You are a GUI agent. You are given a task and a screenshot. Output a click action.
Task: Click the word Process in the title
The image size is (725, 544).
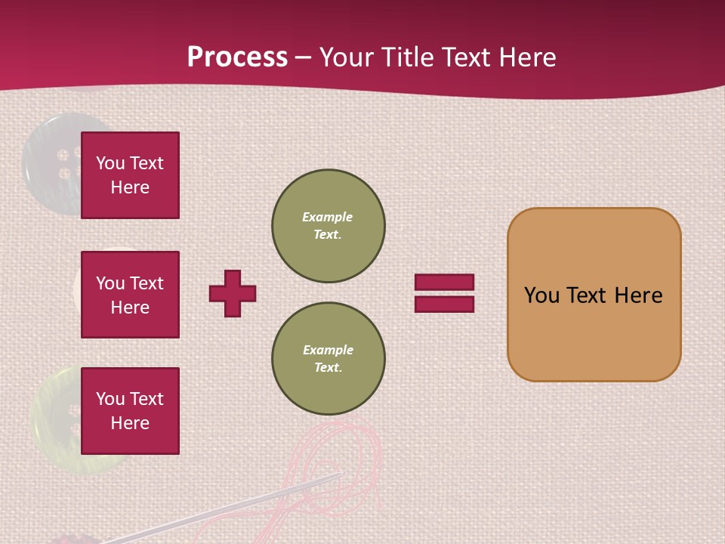[237, 57]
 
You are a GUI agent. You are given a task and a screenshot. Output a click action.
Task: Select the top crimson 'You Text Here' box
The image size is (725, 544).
[130, 175]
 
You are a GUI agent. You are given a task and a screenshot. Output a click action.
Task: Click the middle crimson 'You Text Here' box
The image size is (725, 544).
[130, 295]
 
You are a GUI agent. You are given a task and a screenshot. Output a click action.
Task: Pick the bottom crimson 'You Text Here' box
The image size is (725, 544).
[130, 410]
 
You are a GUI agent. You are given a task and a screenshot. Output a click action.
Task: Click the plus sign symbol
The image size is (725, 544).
[233, 293]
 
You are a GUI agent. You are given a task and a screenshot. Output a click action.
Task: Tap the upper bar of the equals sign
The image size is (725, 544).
[444, 283]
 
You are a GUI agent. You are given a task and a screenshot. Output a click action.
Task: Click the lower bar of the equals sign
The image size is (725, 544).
[444, 304]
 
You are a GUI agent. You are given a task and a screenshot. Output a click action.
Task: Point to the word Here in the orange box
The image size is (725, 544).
[638, 295]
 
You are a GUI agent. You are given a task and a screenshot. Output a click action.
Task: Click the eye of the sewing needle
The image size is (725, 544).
[336, 476]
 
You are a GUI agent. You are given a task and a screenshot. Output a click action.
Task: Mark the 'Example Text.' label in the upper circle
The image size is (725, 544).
[328, 226]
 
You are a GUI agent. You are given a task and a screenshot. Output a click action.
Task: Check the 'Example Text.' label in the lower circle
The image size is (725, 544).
[328, 359]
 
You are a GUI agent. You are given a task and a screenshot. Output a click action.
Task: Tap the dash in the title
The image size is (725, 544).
[303, 57]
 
